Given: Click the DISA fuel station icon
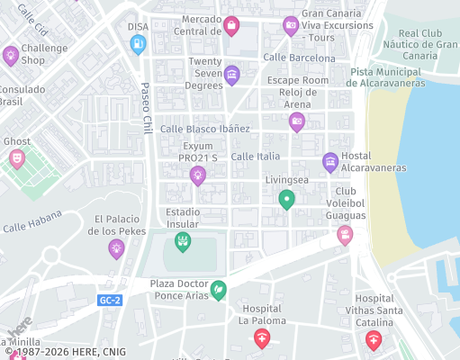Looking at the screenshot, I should pos(138,44).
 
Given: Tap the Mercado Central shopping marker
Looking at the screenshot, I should pos(231,26).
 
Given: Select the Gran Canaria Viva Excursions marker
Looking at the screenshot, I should pos(291,26).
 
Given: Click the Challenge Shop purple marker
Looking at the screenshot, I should pos(11,55).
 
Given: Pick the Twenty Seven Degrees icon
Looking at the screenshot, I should pos(232,74).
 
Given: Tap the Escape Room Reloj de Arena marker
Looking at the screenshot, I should pos(297,121).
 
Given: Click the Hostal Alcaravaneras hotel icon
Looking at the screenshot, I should pos(330,163).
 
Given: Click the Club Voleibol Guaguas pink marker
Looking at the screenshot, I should pos(344,235).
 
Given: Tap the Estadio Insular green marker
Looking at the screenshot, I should pos(183,241).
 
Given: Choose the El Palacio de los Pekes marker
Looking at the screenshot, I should pos(116,248).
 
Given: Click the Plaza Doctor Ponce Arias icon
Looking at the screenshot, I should pos(217,291).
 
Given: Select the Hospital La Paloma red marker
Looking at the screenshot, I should pos(261,338).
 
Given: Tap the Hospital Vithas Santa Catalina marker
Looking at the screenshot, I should pos(373,339).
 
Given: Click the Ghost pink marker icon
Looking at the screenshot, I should pos(16,159).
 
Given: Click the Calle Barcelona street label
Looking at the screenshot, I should pos(299,58).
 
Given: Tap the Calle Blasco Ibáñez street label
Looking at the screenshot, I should pos(204,129).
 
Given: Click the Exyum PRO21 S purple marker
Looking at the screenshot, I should pos(198,175).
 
